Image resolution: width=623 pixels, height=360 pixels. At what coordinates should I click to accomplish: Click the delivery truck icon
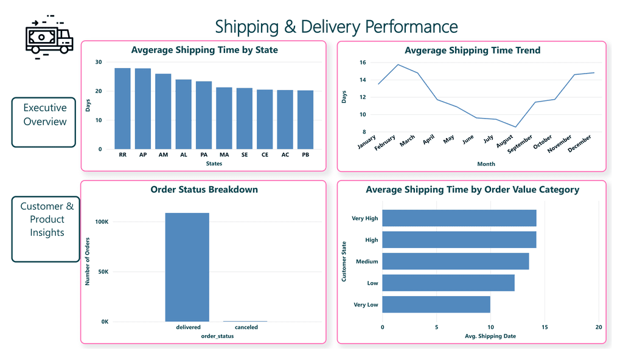click(48, 38)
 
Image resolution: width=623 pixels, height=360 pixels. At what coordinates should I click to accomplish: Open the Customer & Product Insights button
click(47, 220)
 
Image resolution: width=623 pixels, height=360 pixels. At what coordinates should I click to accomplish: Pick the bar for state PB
click(306, 120)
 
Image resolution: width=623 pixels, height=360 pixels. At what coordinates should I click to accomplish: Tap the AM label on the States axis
click(163, 155)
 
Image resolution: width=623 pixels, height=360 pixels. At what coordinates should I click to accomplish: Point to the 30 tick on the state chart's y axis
click(99, 62)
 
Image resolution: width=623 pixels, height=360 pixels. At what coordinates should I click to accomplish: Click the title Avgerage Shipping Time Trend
click(472, 50)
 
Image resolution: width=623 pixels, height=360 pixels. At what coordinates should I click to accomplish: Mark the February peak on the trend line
click(399, 64)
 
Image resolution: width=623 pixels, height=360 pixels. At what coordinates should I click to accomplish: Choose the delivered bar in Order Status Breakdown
click(187, 267)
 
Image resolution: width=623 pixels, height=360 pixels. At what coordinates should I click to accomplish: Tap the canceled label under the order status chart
click(246, 327)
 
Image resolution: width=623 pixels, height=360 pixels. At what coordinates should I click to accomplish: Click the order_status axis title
click(218, 336)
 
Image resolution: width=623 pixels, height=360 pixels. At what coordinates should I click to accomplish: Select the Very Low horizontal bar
click(436, 305)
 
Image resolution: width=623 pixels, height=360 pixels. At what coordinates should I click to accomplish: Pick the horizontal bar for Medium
click(455, 261)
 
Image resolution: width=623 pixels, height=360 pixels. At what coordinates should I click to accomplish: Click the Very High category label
click(364, 218)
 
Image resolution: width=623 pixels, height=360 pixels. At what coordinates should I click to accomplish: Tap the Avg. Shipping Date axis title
click(490, 336)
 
